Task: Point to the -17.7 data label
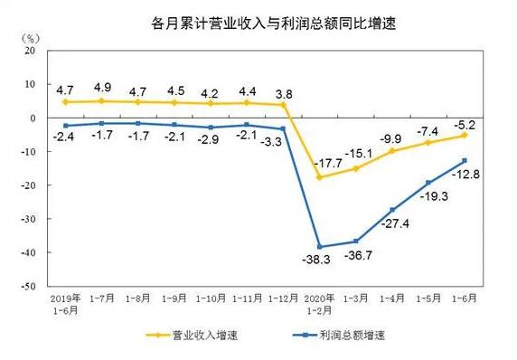(x=307, y=163)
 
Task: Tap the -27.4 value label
(x=391, y=223)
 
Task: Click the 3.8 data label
(x=283, y=92)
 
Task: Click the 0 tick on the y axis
(x=31, y=118)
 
